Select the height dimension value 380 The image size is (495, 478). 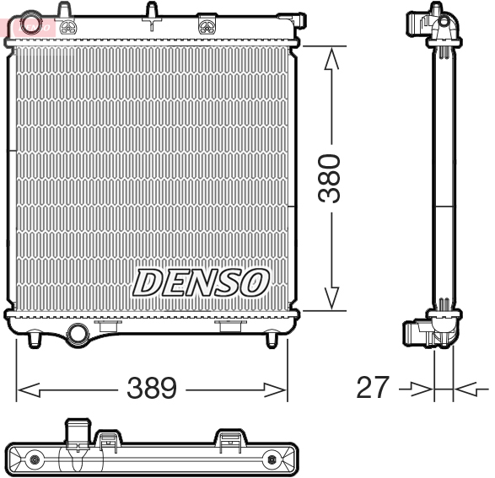(332, 178)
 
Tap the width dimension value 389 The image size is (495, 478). (152, 388)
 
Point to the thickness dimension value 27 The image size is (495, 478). (374, 388)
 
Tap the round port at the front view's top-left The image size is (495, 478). (33, 24)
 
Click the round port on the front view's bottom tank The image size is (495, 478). (78, 333)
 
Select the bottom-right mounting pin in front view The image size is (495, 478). (271, 338)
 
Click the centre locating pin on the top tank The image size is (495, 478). (152, 12)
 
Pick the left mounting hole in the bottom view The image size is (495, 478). (35, 459)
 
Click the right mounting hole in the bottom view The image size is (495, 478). (272, 459)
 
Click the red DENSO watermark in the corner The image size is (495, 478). (32, 26)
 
